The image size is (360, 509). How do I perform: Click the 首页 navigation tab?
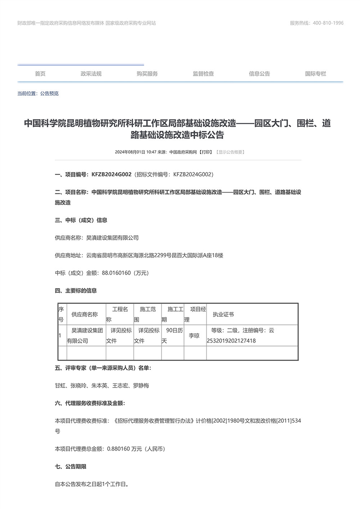40,74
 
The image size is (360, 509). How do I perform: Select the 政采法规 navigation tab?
91,74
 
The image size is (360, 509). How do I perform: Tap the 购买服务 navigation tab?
147,74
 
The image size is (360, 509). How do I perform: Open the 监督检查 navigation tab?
203,74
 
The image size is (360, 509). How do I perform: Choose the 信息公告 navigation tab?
259,74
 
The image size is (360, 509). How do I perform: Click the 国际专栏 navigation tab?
315,74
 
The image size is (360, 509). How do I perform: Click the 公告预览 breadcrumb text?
49,94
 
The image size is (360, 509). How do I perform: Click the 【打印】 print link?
206,152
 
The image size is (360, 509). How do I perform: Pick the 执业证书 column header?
223,315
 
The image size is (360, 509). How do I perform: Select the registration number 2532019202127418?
231,341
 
